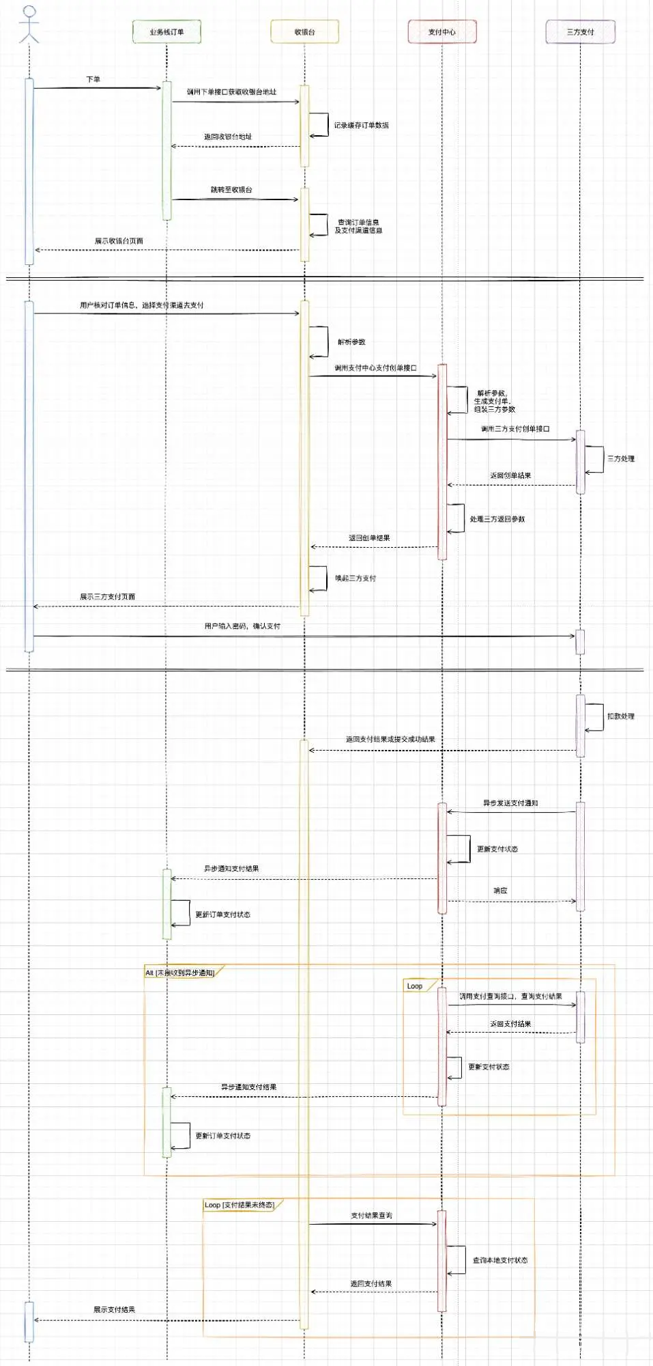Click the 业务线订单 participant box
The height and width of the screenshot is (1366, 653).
tap(166, 32)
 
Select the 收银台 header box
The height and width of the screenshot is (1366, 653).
tap(304, 32)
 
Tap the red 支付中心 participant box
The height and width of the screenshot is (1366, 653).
tap(442, 32)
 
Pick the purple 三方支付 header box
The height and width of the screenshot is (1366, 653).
tap(580, 32)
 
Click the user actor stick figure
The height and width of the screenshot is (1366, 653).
tap(29, 25)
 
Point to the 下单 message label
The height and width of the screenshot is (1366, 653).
tap(93, 79)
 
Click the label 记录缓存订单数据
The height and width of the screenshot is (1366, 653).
tap(361, 126)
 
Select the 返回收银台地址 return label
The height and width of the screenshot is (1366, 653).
tap(228, 137)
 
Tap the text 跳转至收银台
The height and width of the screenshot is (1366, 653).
tap(231, 190)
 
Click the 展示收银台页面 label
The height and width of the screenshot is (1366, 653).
tap(119, 241)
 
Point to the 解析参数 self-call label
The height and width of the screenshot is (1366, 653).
tap(351, 342)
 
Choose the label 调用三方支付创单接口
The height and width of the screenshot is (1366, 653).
tap(514, 429)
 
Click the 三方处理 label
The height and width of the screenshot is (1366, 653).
tap(621, 459)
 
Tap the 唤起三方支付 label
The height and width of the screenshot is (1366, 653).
tap(355, 579)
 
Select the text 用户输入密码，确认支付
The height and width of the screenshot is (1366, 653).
tap(242, 626)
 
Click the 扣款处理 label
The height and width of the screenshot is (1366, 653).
tap(621, 716)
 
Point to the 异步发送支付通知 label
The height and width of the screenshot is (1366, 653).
tap(510, 803)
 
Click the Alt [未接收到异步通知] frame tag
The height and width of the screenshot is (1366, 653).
tap(180, 973)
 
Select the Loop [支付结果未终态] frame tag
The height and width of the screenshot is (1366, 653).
tap(240, 1205)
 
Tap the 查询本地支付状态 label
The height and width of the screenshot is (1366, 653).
tap(500, 1260)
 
